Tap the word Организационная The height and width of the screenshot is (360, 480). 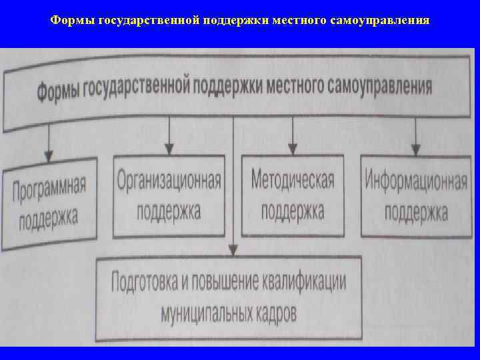[x=169, y=180]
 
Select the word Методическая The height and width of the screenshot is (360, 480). [x=293, y=179]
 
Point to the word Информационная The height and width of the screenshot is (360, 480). [x=416, y=181]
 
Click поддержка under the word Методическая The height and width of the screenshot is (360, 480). [x=293, y=211]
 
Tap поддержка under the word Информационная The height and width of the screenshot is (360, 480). [x=416, y=213]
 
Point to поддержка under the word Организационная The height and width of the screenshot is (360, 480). [x=169, y=211]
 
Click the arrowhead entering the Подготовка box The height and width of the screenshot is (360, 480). [x=233, y=249]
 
